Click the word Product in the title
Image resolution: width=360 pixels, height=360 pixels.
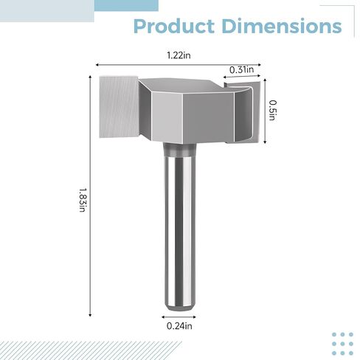click(174, 26)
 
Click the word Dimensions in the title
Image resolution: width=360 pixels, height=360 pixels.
click(282, 26)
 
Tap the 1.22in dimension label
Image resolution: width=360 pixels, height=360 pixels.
click(179, 55)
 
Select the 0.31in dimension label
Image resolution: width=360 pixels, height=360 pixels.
click(241, 69)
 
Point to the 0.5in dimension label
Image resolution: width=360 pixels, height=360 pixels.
click(272, 110)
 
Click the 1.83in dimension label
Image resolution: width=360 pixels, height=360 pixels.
click(83, 200)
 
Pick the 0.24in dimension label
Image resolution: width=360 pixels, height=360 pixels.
click(179, 326)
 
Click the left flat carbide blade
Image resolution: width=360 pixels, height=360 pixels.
click(119, 107)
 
